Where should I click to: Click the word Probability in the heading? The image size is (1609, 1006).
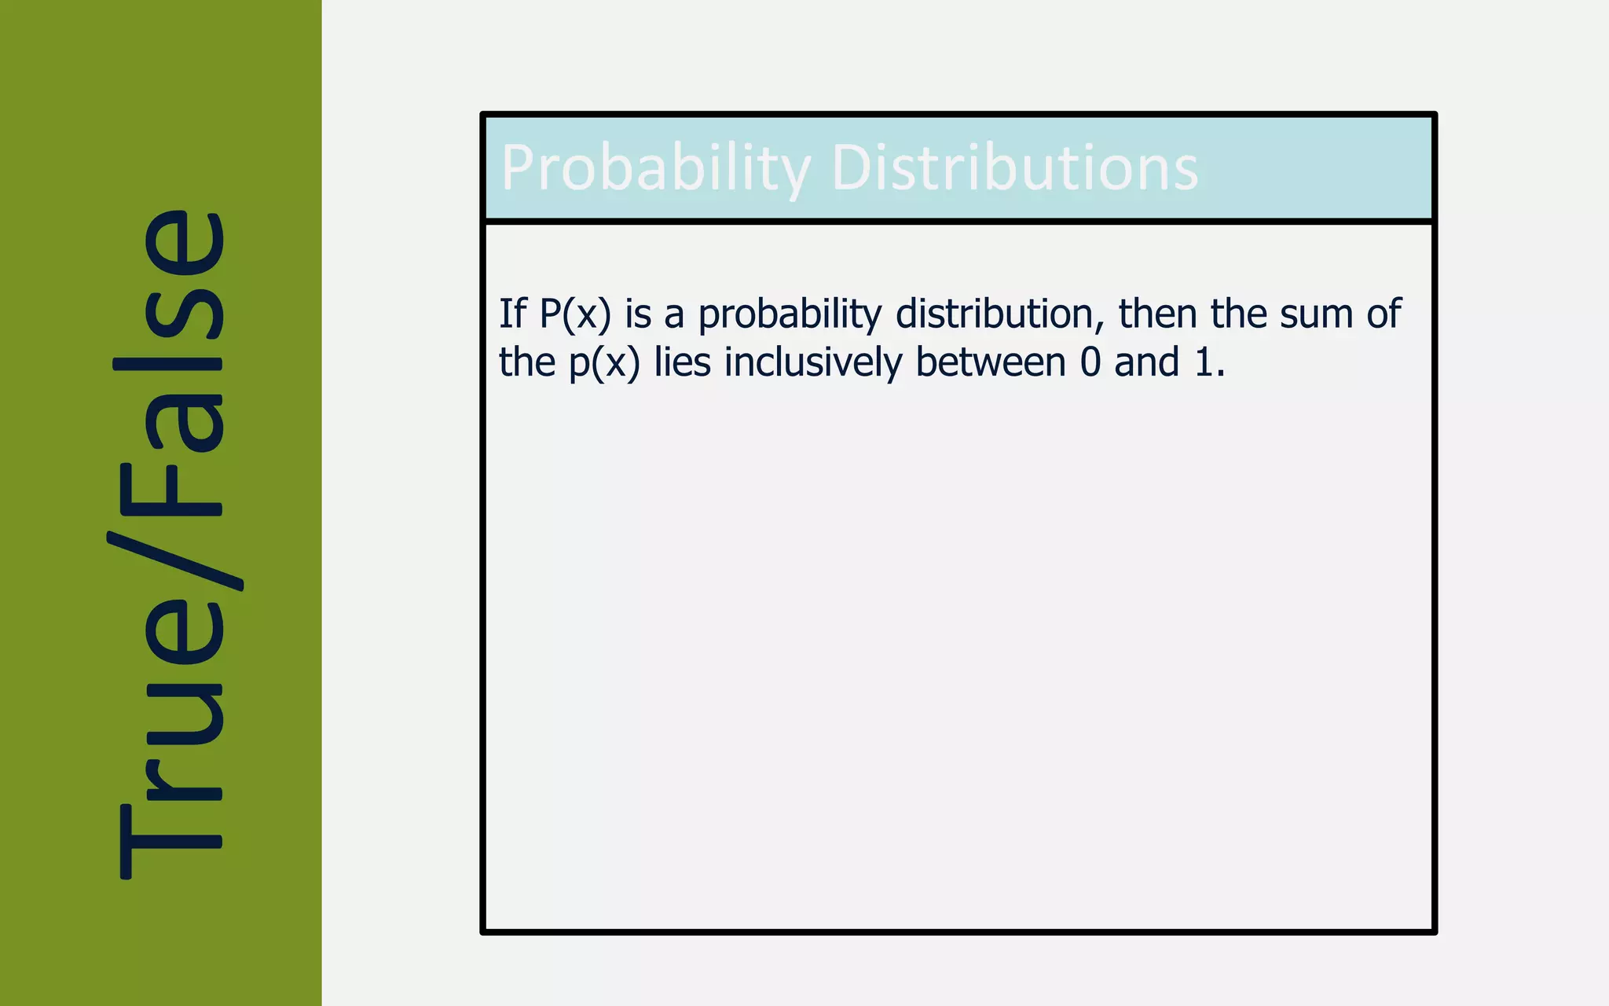[656, 168]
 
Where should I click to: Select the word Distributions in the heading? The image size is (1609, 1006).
[1014, 168]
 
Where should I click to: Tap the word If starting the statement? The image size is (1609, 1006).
[512, 314]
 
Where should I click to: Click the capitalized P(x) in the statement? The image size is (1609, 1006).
[575, 314]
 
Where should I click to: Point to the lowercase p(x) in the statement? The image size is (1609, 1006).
[604, 363]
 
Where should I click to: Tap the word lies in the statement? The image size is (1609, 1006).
[682, 362]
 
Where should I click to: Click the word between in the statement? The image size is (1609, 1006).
[991, 362]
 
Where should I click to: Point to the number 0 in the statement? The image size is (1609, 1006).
[1090, 363]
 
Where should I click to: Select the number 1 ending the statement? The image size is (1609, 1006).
[1204, 363]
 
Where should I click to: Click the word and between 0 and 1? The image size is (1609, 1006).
[1146, 362]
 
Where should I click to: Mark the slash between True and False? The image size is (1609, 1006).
[174, 560]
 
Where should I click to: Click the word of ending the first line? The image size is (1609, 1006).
[1384, 314]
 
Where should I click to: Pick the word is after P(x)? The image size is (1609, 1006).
[638, 314]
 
